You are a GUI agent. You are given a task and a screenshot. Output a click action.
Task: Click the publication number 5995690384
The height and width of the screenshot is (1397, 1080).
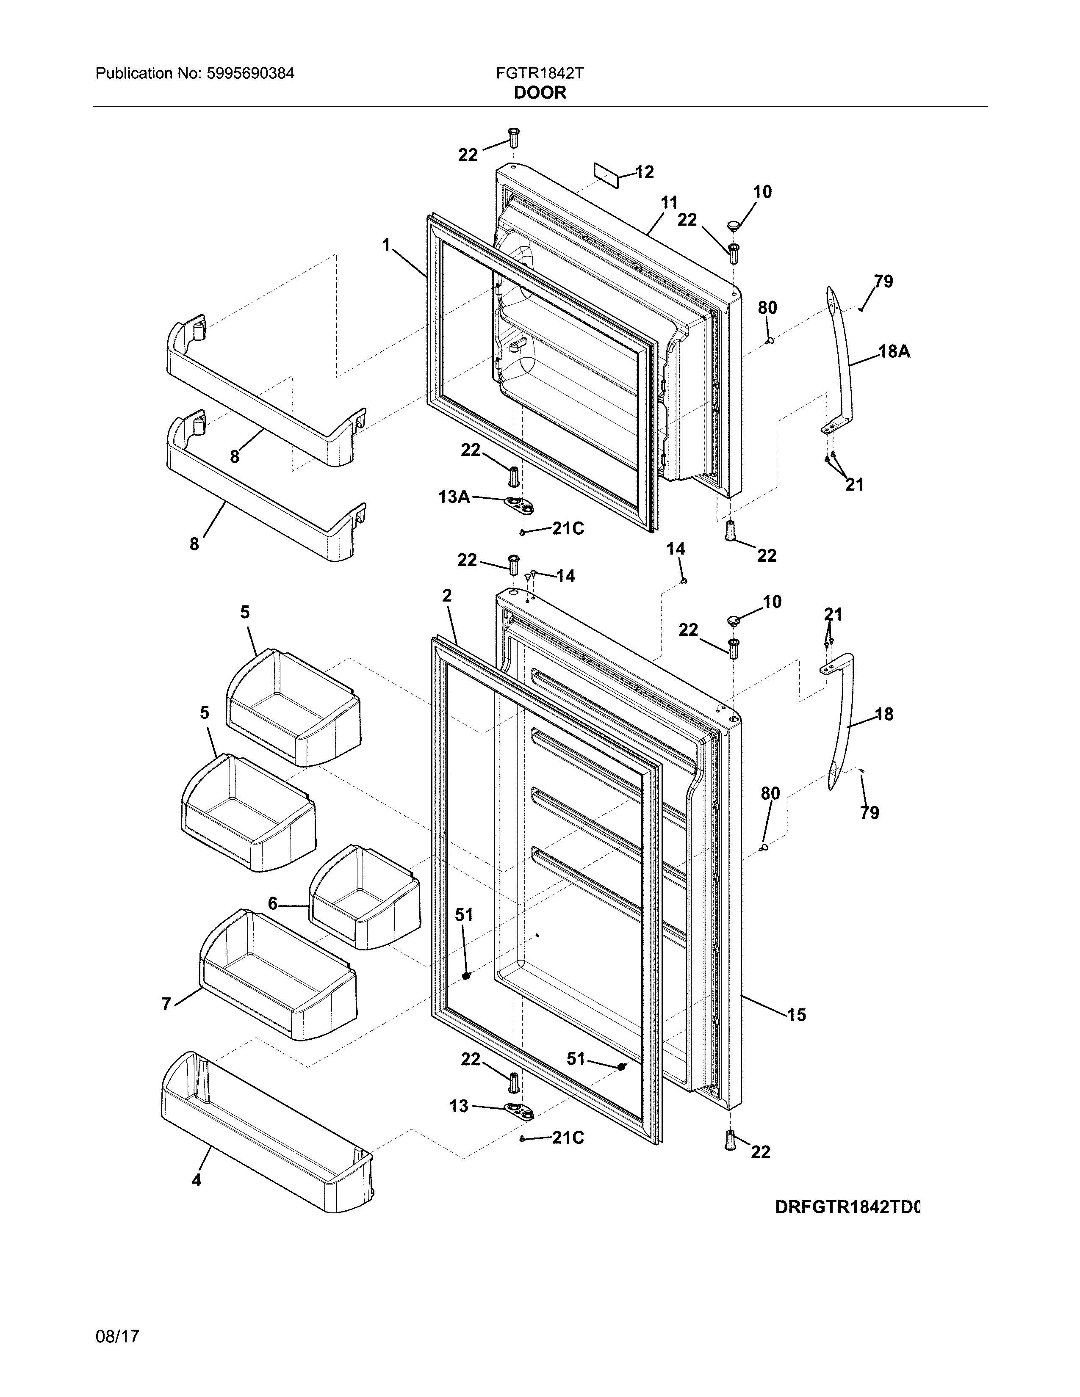(250, 74)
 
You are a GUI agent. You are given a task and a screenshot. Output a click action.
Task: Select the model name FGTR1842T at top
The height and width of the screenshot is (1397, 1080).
(539, 74)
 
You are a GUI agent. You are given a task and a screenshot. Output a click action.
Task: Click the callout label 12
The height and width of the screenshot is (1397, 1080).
(644, 172)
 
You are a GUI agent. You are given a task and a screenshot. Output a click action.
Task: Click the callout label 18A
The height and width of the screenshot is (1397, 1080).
(894, 351)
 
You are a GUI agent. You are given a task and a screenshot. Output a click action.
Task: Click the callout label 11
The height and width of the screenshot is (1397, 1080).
(669, 203)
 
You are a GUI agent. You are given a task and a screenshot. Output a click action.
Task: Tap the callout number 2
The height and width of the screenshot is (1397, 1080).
(446, 596)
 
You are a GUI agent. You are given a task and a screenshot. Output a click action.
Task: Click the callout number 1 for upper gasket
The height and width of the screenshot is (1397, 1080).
(386, 245)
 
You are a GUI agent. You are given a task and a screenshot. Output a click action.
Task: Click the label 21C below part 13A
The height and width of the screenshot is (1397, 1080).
(568, 529)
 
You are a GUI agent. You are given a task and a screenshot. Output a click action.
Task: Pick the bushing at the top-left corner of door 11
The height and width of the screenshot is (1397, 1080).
(513, 137)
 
